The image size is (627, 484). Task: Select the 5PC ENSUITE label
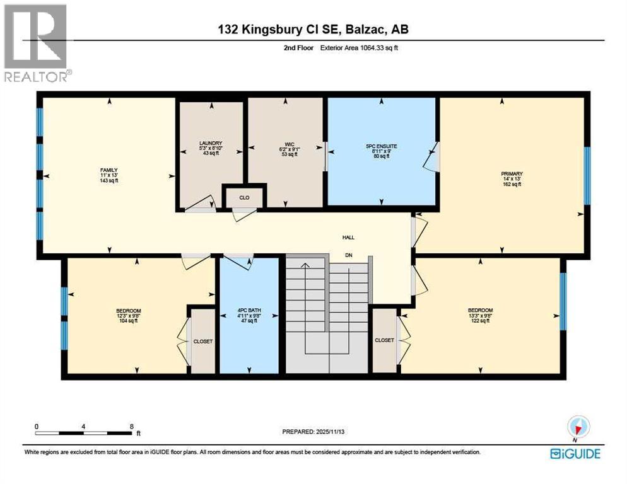coord(381,146)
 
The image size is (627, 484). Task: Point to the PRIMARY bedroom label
coord(512,174)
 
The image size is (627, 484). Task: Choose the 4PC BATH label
coord(249,310)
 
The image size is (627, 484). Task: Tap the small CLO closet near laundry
coord(244,197)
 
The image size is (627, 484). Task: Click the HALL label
coord(348,238)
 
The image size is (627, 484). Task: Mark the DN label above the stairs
coord(348,255)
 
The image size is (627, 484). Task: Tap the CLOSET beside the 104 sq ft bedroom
coord(203,341)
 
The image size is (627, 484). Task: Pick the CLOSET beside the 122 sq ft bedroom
coord(384,340)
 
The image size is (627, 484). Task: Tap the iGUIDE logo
coord(575,453)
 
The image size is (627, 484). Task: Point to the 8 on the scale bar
coord(131,427)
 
